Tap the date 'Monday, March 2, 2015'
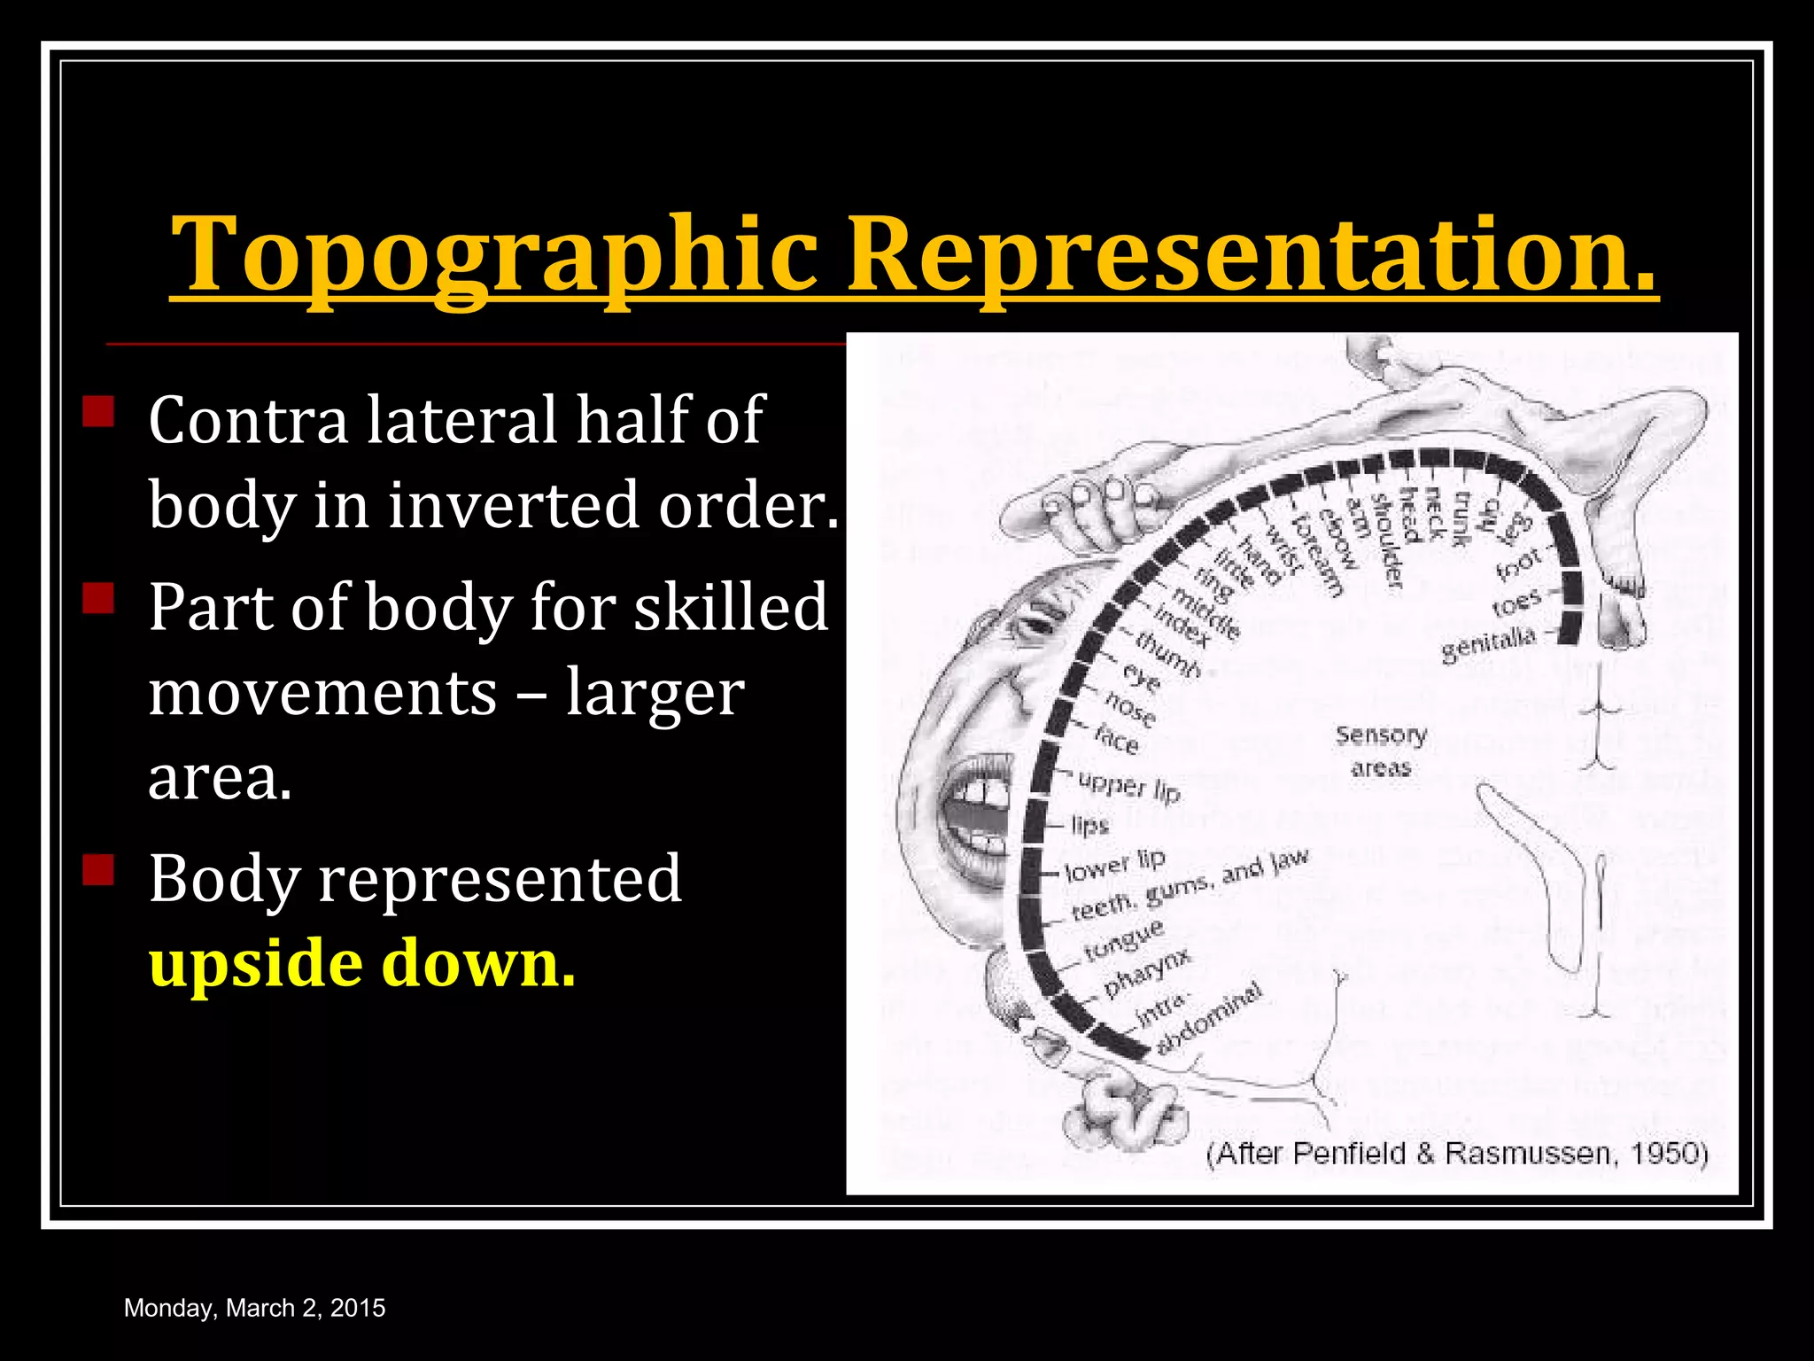point(255,1308)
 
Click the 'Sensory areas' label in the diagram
point(1381,750)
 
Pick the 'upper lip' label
point(1129,785)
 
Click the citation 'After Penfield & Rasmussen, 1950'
point(1458,1153)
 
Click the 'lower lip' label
point(1115,865)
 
